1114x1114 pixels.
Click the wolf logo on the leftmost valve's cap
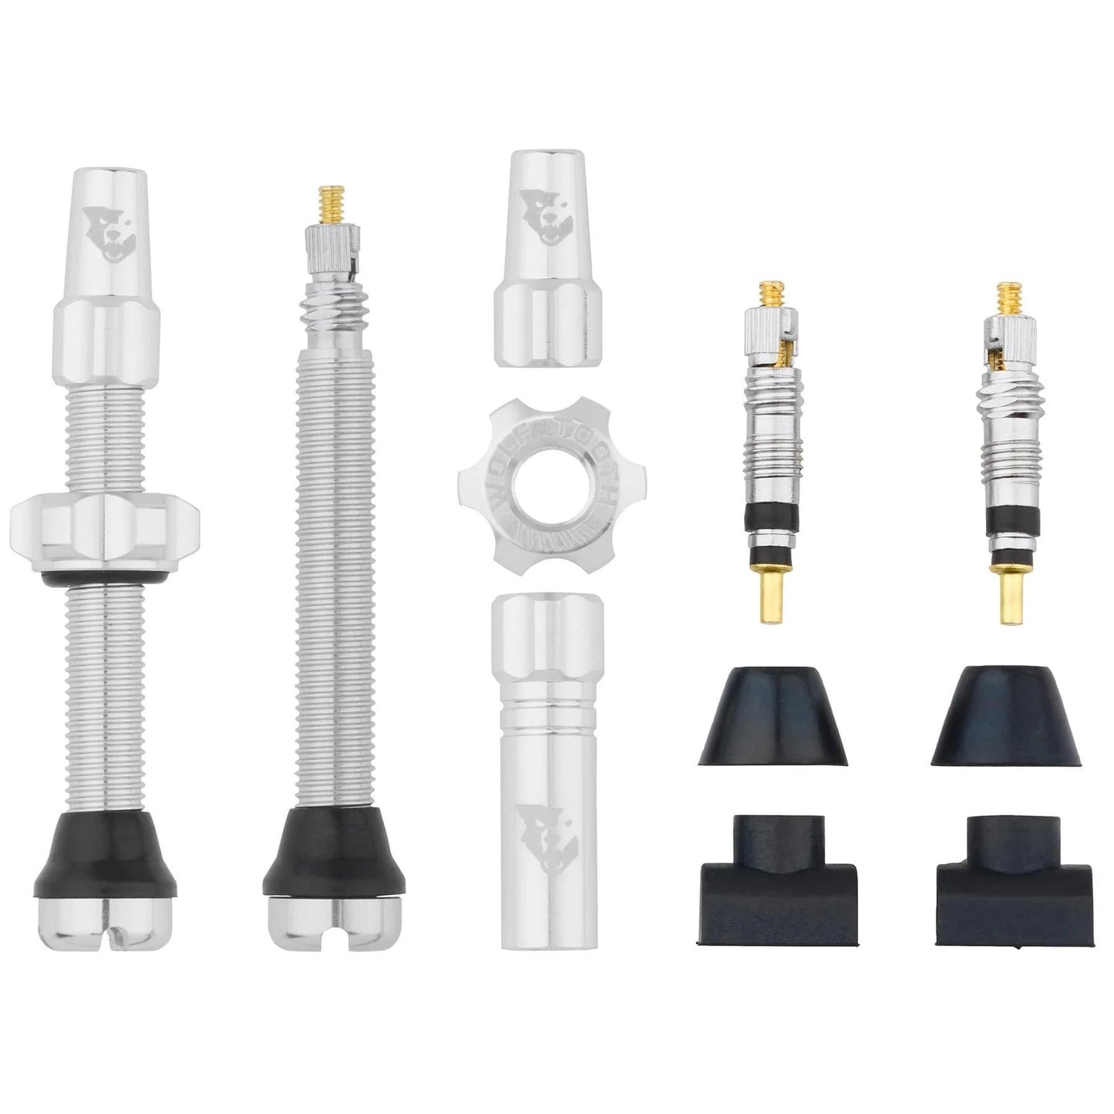click(104, 224)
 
